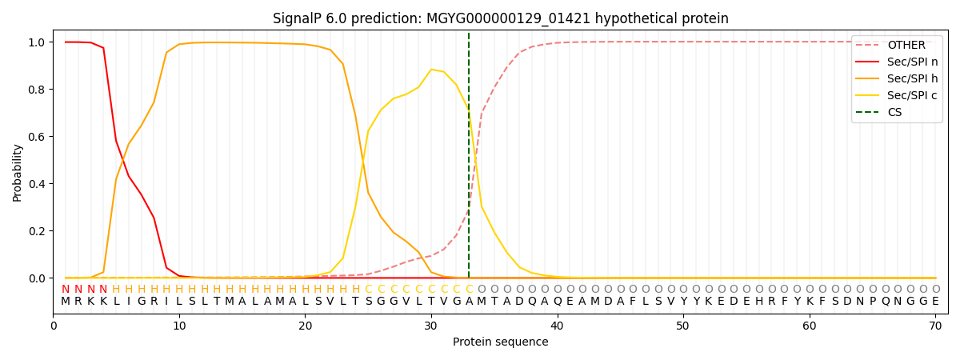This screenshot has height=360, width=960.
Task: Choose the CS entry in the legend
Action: (894, 112)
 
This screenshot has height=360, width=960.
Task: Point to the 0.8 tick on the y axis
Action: (36, 89)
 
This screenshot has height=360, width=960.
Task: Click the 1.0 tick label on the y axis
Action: (36, 42)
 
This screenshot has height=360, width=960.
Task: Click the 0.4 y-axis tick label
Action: (36, 184)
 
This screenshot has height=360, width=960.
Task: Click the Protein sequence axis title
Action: (500, 342)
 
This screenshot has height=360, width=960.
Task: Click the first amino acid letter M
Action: (66, 302)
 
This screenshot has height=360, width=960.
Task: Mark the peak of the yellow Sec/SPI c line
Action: (431, 70)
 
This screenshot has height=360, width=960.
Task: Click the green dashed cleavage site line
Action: (469, 160)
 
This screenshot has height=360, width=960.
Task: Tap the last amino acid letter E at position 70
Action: (935, 302)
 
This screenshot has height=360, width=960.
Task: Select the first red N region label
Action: (66, 290)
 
